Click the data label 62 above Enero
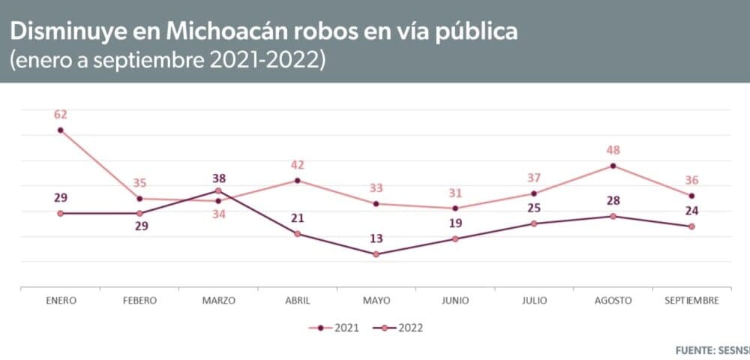pos(60,115)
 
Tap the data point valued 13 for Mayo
pos(376,254)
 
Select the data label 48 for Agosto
pos(613,150)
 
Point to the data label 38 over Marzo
pos(219,178)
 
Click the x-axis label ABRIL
pos(298,301)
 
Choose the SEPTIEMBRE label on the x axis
pos(692,301)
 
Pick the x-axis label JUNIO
pos(455,301)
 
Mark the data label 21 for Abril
pos(298,217)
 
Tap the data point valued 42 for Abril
pos(298,181)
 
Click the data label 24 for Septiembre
pos(691,210)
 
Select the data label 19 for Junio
pos(455,223)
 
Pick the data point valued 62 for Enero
pos(60,130)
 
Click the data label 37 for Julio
pos(534,177)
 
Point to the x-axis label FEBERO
pos(139,301)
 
